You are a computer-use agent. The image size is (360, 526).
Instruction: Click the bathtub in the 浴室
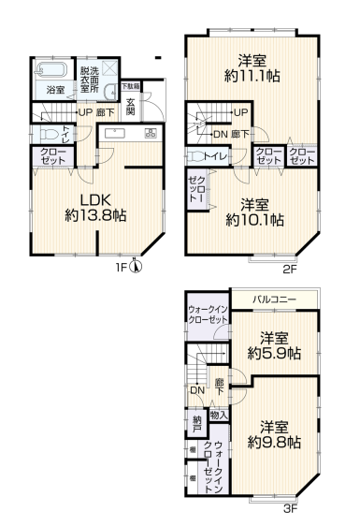tap(51, 70)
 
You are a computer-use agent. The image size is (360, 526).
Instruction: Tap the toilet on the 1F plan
tap(46, 135)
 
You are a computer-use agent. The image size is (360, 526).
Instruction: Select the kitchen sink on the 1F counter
tap(115, 133)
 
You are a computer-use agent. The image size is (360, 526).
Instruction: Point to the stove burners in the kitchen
tap(151, 133)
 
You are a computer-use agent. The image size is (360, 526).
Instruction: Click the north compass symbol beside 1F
tap(136, 267)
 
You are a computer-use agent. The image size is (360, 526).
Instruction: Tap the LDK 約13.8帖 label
tap(95, 208)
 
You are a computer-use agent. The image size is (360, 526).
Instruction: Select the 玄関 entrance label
tap(130, 107)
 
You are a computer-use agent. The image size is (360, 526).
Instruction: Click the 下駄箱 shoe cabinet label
tap(131, 86)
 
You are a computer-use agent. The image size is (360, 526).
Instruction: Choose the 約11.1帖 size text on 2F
tap(252, 77)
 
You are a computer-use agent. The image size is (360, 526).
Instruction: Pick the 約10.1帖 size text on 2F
tap(254, 220)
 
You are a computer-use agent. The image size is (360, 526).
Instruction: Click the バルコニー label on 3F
tap(275, 299)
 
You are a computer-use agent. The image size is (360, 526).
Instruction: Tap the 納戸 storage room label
tap(197, 424)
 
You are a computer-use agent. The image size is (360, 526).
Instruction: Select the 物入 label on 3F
tap(219, 416)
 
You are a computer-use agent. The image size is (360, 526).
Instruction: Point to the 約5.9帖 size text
tap(274, 353)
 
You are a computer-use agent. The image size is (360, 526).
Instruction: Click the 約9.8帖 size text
tap(274, 443)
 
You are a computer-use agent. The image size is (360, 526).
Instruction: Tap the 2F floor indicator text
tap(290, 270)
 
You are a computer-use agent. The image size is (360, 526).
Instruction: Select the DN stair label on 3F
tap(197, 390)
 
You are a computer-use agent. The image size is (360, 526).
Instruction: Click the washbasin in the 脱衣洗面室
tap(111, 92)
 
